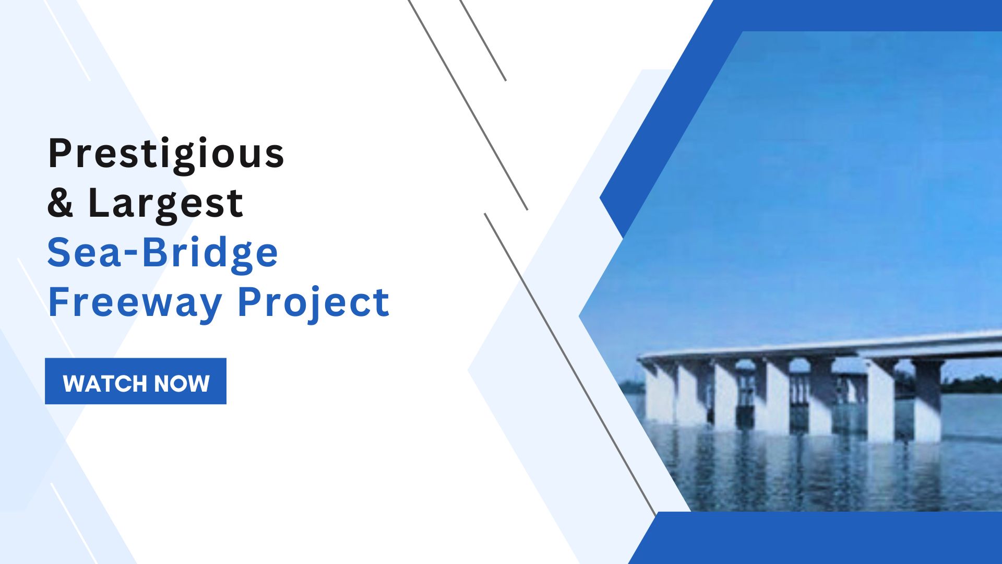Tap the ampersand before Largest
tap(61, 203)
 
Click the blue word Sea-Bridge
tap(163, 254)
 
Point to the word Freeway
tap(135, 303)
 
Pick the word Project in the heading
tap(314, 303)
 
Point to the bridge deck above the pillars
tap(822, 345)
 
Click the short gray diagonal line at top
tap(483, 40)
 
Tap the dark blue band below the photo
tap(825, 538)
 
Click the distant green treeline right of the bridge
tap(973, 385)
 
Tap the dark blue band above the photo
tap(856, 16)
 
